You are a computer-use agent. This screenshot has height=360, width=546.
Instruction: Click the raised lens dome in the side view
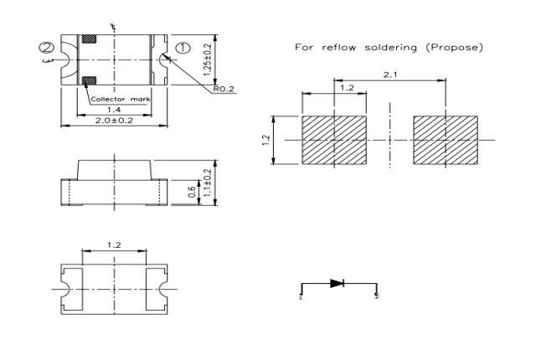113,168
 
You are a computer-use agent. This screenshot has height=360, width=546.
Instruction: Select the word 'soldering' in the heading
384,47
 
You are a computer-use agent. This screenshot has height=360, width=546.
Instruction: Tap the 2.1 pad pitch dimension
390,75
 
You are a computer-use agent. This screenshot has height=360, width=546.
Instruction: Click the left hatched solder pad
334,139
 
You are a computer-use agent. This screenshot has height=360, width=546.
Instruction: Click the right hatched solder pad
446,139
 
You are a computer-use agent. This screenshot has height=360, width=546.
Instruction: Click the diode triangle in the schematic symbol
337,284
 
